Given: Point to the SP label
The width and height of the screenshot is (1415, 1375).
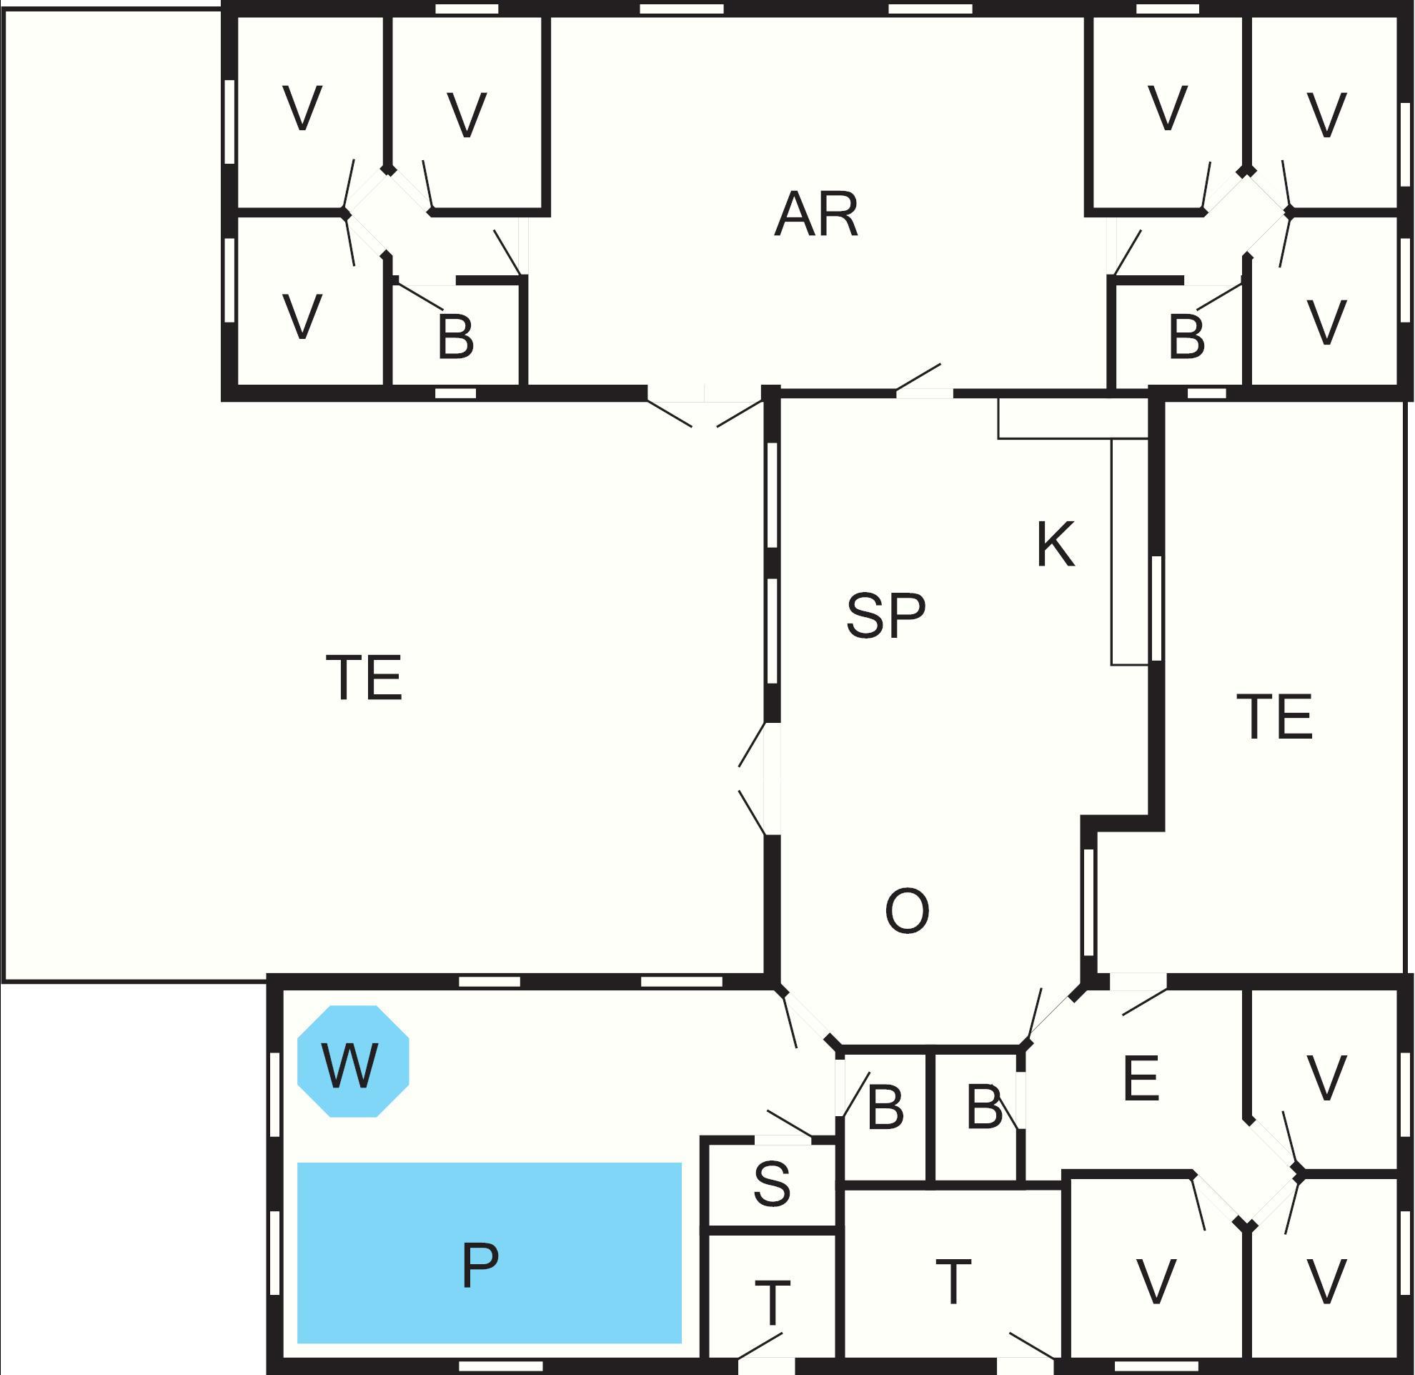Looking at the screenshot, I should click(885, 616).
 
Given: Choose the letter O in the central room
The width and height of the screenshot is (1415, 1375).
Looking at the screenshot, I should click(907, 911).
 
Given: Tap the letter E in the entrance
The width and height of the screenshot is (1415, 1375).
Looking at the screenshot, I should click(1141, 1078).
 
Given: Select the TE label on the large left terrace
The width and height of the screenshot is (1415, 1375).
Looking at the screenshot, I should click(364, 676).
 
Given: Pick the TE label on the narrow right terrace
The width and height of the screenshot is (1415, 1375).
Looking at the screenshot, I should click(1274, 716).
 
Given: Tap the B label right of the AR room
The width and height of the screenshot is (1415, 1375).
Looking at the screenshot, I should click(1186, 337).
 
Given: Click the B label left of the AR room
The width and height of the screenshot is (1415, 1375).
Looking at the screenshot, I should click(455, 337).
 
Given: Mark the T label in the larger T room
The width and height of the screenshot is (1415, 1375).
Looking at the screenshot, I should click(953, 1282).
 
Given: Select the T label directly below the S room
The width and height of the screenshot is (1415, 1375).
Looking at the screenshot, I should click(772, 1303).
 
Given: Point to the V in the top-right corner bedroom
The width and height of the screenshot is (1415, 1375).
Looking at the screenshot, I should click(1326, 114).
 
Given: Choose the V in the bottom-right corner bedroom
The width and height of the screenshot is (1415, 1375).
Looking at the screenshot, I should click(1326, 1282).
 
